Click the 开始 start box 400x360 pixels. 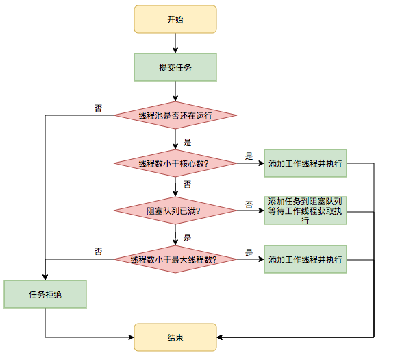[x=175, y=19]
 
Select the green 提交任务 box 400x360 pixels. [x=175, y=67]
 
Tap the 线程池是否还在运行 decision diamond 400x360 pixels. [x=175, y=115]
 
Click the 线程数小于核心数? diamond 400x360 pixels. [x=175, y=163]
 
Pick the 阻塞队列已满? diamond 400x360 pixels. [x=175, y=211]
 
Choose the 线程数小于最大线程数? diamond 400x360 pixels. [x=175, y=259]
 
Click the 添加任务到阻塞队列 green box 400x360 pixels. [x=305, y=211]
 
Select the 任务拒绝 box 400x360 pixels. [x=45, y=294]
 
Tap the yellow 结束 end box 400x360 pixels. [x=175, y=337]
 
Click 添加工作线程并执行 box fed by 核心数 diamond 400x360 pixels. [x=305, y=163]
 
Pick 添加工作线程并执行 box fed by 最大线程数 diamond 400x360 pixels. [x=305, y=259]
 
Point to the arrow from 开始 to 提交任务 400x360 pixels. [x=175, y=43]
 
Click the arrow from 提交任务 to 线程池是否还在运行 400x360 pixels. [x=175, y=91]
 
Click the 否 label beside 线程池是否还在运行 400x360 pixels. [x=99, y=108]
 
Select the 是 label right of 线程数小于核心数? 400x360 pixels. [x=249, y=156]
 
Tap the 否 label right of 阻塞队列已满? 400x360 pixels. [x=249, y=204]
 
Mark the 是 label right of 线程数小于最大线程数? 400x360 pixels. [x=249, y=252]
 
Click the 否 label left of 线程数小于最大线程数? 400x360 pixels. [x=99, y=252]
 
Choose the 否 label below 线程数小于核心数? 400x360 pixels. [x=188, y=184]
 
